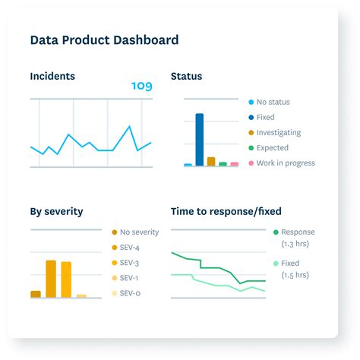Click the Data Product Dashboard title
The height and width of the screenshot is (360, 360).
point(104,40)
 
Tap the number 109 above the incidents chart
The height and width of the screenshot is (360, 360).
point(141,86)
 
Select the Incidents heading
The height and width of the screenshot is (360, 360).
point(52,76)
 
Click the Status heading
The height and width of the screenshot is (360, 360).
point(186,76)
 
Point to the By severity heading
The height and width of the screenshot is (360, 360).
point(56,211)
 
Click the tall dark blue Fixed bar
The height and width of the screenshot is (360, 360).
point(200,139)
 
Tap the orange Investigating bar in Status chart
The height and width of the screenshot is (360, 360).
point(211,161)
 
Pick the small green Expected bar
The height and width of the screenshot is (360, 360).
point(223,163)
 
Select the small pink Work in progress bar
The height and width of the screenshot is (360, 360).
point(234,163)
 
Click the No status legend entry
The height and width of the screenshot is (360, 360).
point(273,102)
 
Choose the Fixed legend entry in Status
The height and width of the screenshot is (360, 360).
point(265,117)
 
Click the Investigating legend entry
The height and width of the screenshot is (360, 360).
point(278,132)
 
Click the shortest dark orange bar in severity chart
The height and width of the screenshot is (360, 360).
point(36,293)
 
